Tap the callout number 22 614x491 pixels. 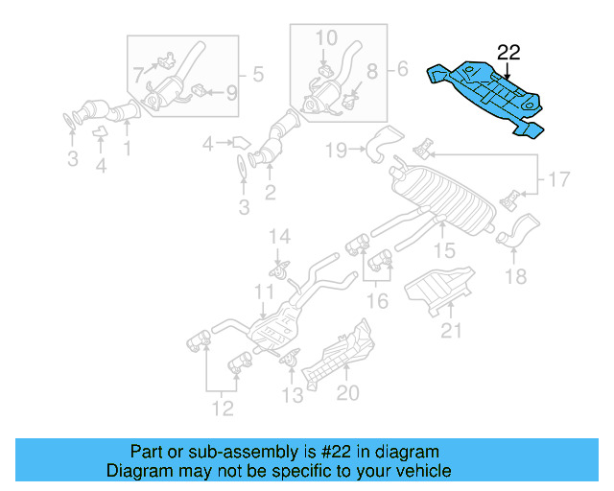coord(508,53)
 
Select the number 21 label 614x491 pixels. coord(452,331)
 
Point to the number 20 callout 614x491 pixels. coord(346,392)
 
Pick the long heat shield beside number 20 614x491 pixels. coord(338,356)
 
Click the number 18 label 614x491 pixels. coord(515,277)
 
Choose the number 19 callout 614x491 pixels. coord(335,149)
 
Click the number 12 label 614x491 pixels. coord(223,409)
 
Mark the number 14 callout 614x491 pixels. coord(278,237)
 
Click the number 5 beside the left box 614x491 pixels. coord(257,72)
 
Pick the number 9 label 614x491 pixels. coord(230,93)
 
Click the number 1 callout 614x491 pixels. coord(126,149)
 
